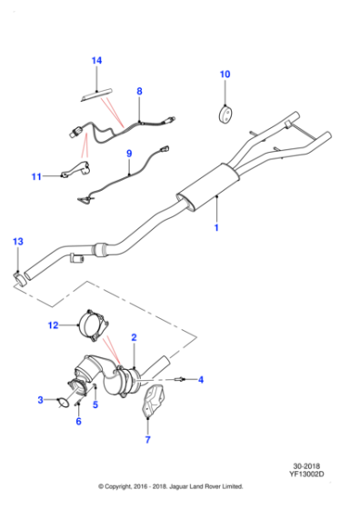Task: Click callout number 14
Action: [x=96, y=61]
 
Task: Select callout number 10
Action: [x=225, y=75]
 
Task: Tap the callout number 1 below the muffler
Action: [x=216, y=228]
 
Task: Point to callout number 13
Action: [x=18, y=242]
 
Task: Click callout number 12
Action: [x=54, y=325]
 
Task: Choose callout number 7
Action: [x=147, y=440]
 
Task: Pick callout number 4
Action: [x=201, y=380]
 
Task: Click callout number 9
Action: [x=129, y=154]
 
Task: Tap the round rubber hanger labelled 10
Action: [x=225, y=114]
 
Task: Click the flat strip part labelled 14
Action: [x=96, y=95]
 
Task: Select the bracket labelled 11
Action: [x=76, y=169]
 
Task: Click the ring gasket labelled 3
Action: [x=64, y=403]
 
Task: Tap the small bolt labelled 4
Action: [x=180, y=379]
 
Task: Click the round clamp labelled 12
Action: [x=93, y=326]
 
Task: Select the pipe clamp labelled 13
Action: [x=20, y=280]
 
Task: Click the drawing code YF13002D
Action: [x=306, y=474]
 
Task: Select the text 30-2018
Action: [x=306, y=466]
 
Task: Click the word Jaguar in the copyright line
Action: [x=179, y=486]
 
